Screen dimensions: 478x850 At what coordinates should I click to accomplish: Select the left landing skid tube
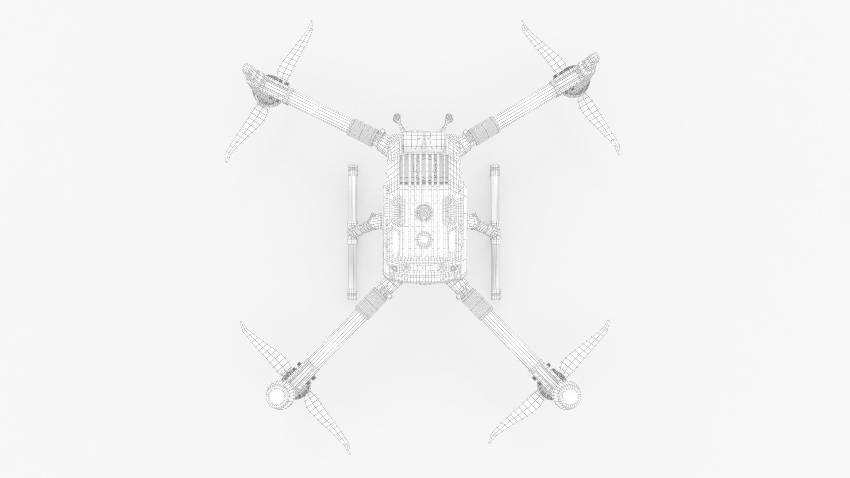coord(353,232)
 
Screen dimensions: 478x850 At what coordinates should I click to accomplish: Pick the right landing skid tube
coord(495,232)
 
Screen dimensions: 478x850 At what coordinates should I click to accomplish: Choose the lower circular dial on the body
coord(424,240)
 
